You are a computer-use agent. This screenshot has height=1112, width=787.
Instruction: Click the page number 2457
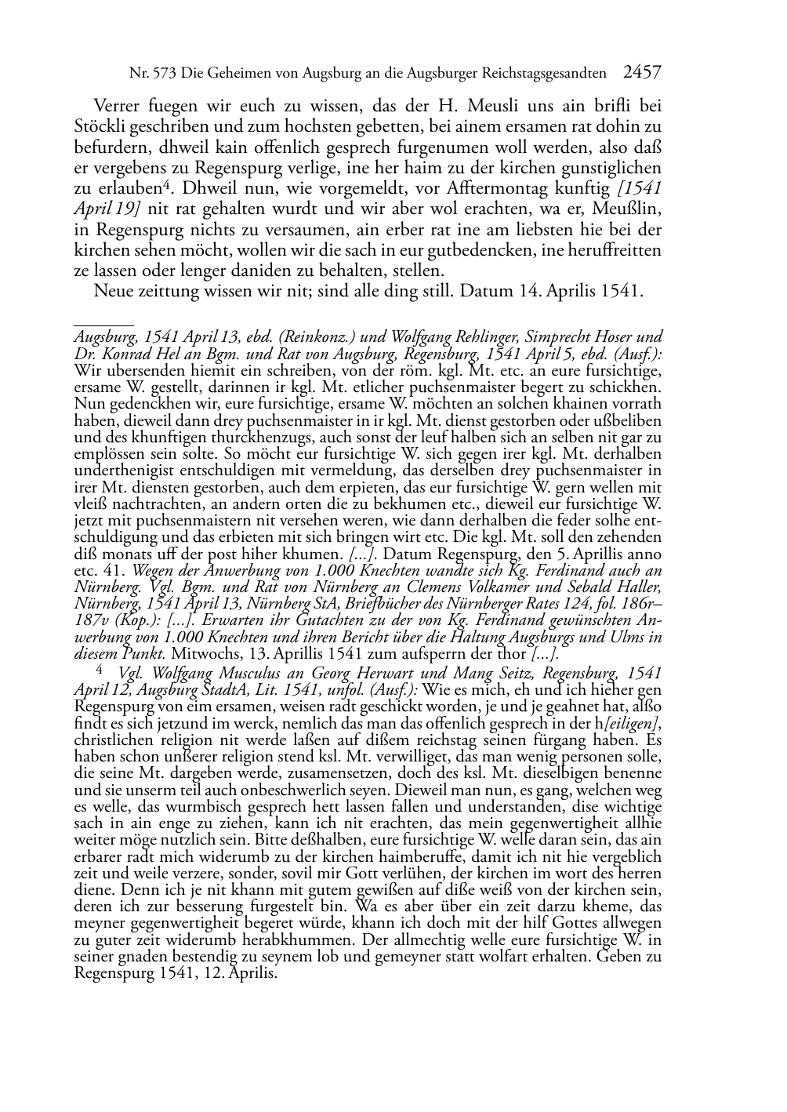point(642,73)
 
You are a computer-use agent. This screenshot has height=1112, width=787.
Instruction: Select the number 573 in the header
point(162,74)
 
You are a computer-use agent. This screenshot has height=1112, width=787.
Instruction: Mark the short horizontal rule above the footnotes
point(103,323)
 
